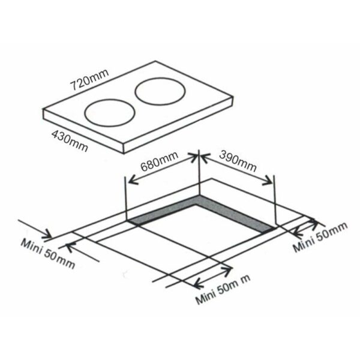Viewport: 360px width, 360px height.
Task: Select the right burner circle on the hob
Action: (x=159, y=92)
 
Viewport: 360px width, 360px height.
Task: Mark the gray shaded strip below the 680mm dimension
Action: (x=163, y=211)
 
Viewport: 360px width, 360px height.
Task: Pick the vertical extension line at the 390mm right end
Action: (x=274, y=201)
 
